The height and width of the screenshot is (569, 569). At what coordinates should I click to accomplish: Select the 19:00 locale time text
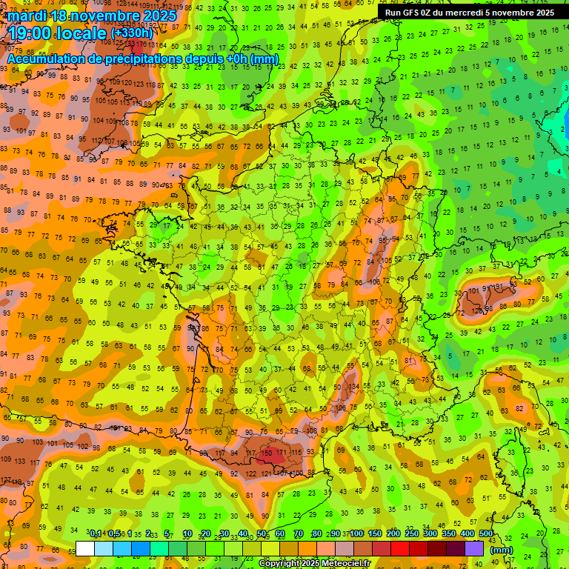point(57,33)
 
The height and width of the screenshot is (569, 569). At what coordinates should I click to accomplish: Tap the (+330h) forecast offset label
point(132,33)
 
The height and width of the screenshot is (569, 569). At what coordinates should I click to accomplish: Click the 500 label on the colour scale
point(485,534)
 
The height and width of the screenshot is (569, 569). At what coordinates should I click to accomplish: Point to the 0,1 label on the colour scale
point(96,534)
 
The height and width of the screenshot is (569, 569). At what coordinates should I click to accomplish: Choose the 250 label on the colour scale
point(411,534)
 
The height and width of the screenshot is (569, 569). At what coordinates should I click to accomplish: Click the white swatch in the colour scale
point(85,548)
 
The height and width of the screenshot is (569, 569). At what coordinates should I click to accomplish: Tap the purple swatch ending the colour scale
point(474,548)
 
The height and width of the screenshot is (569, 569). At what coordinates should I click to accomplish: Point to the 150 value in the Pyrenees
point(269,452)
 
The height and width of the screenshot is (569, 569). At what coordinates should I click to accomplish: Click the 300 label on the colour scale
point(430,534)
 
